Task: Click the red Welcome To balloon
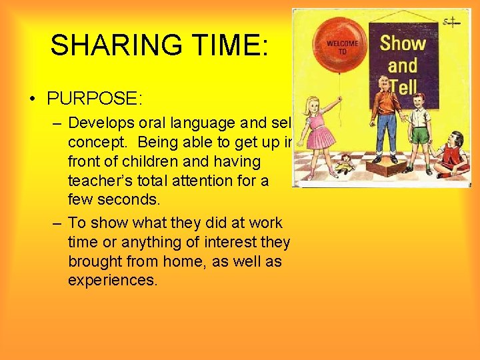[342, 46]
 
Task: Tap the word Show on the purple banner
[403, 43]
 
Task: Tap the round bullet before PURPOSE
[33, 100]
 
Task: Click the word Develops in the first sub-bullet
[101, 123]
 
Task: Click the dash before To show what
[58, 223]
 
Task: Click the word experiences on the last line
[112, 280]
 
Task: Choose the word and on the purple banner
[403, 65]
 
